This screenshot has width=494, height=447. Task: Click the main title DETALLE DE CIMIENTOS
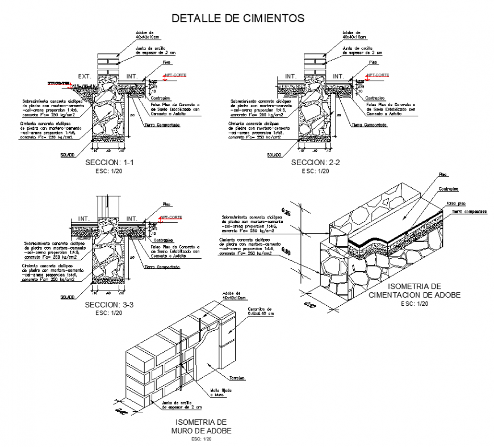pyautogui.click(x=238, y=18)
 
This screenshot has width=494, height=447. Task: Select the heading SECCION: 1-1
pyautogui.click(x=109, y=163)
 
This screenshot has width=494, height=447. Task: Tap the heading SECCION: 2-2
pyautogui.click(x=315, y=163)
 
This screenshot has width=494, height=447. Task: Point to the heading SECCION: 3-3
pyautogui.click(x=109, y=305)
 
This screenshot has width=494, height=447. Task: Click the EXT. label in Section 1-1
pyautogui.click(x=85, y=75)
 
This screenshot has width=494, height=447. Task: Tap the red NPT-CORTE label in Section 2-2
pyautogui.click(x=378, y=75)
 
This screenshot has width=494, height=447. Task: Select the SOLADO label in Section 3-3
pyautogui.click(x=68, y=297)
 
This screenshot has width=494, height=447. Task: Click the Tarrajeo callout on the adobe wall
pyautogui.click(x=237, y=378)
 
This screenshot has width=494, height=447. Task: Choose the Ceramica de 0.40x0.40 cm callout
pyautogui.click(x=260, y=311)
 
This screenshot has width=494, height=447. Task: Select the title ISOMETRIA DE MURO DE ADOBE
pyautogui.click(x=202, y=427)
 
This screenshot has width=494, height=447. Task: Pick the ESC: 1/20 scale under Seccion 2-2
pyautogui.click(x=315, y=171)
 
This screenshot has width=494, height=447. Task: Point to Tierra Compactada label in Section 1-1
pyautogui.click(x=162, y=125)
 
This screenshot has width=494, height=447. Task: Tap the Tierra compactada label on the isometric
pyautogui.click(x=470, y=212)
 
